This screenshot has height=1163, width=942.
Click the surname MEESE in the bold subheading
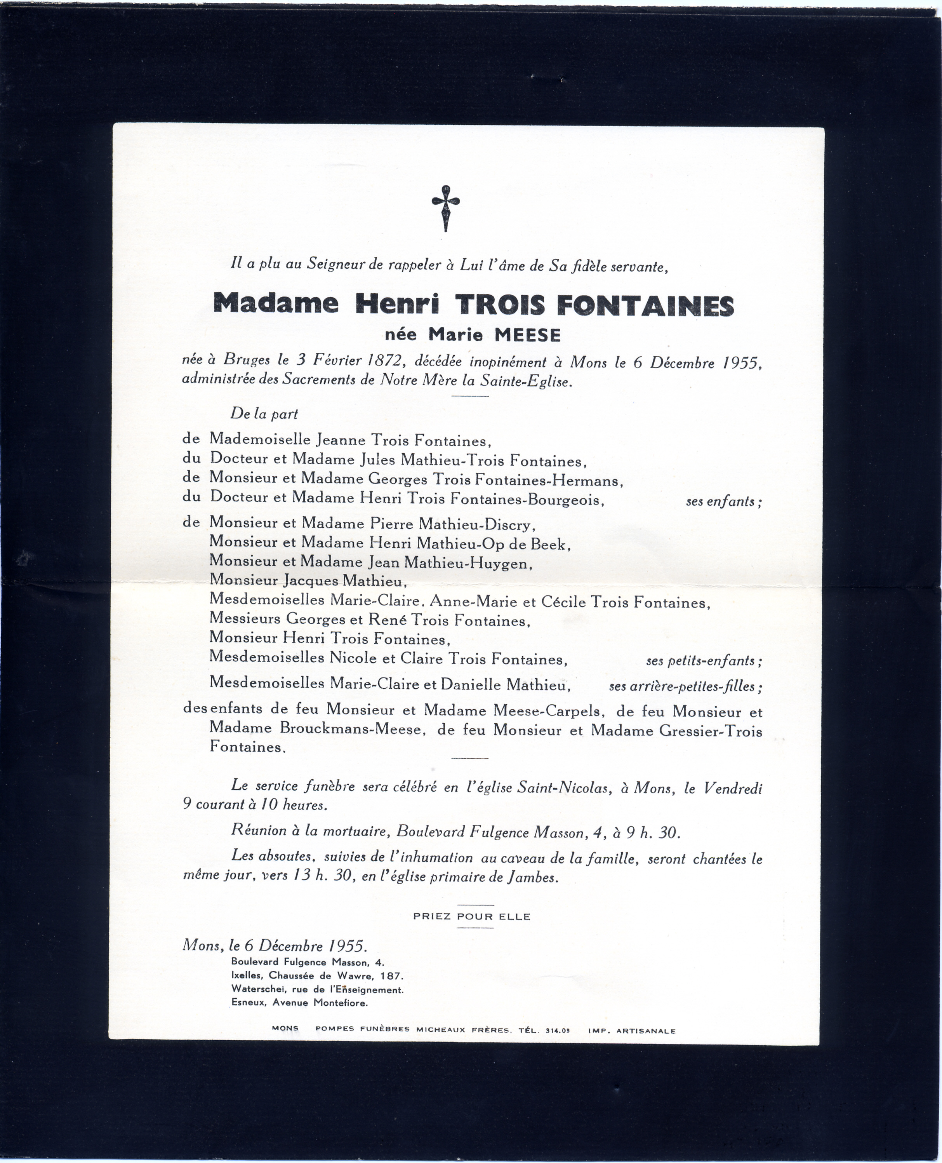click(x=527, y=335)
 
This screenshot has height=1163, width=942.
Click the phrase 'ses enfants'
click(x=724, y=501)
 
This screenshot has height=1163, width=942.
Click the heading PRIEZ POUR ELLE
click(x=471, y=917)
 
